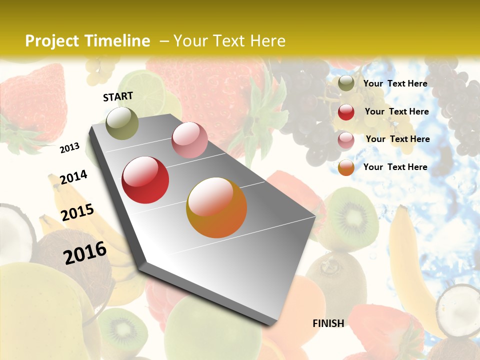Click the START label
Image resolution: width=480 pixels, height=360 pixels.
[x=118, y=96]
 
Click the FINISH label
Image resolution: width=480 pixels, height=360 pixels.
[x=328, y=323]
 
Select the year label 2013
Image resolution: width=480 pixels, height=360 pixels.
[x=69, y=148]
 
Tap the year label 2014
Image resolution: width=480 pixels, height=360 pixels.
[x=73, y=177]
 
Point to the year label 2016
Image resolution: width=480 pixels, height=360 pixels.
[x=85, y=252]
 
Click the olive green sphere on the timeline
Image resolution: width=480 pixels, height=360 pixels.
[x=122, y=123]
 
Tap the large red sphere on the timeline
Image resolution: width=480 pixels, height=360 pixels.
[x=145, y=180]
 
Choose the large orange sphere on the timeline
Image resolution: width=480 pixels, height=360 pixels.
[x=216, y=207]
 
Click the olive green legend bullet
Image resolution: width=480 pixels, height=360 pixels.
[x=346, y=83]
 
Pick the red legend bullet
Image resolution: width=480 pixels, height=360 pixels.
[x=346, y=112]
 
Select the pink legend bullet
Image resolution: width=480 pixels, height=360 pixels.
[x=346, y=140]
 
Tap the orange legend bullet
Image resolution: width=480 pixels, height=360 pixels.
[x=346, y=167]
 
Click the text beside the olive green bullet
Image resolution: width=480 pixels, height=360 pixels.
[x=395, y=83]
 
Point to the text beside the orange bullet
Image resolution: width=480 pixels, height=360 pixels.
[x=395, y=167]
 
